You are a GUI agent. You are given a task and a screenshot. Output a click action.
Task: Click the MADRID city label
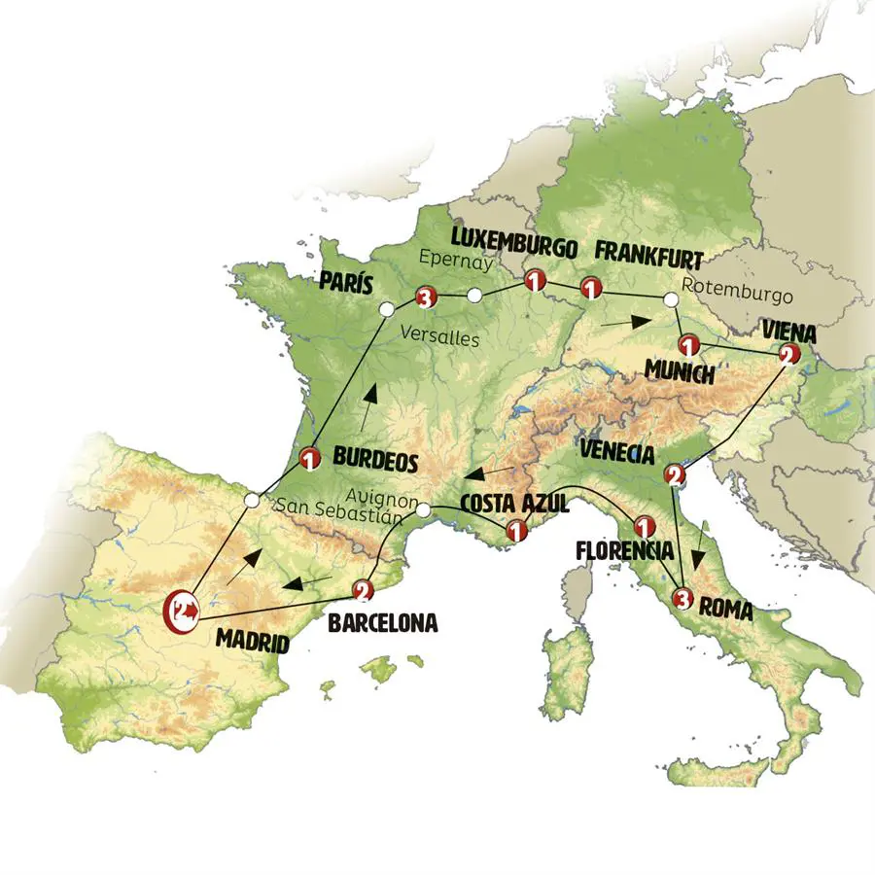click(x=252, y=643)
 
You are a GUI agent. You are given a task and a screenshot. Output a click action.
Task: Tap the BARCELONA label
click(x=382, y=623)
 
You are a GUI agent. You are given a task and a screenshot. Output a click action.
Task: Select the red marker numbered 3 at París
click(x=424, y=297)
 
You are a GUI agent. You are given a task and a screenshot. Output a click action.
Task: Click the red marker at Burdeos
click(x=310, y=458)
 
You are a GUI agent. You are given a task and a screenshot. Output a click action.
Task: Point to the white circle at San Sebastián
click(x=252, y=501)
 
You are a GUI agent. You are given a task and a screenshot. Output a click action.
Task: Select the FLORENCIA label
click(x=623, y=550)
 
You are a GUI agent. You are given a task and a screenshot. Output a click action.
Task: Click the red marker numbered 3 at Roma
click(x=683, y=599)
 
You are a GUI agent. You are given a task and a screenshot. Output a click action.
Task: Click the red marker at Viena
click(x=788, y=356)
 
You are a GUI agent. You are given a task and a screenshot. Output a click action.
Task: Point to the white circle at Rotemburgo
click(x=671, y=300)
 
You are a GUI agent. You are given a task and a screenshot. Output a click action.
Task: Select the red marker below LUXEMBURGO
click(x=533, y=281)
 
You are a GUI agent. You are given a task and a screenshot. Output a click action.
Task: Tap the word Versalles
click(x=440, y=337)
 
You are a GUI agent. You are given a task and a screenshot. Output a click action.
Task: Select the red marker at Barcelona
click(x=362, y=589)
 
